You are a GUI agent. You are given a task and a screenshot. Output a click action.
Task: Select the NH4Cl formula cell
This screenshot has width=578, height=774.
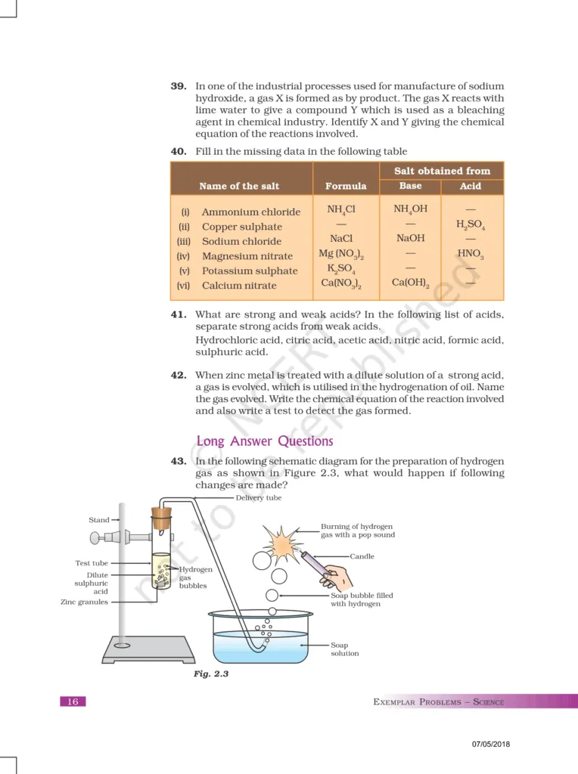tap(341, 209)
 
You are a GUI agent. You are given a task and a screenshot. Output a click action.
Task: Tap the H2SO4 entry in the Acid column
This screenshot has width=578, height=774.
tap(470, 225)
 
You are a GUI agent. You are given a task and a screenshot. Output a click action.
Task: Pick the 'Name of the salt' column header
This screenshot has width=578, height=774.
tap(239, 186)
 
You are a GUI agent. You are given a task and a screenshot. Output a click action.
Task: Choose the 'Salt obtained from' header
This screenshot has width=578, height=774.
tap(442, 171)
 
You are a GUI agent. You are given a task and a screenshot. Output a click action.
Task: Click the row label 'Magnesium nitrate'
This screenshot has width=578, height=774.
tap(247, 256)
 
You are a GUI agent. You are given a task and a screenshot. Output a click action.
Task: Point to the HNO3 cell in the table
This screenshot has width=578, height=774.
tap(470, 254)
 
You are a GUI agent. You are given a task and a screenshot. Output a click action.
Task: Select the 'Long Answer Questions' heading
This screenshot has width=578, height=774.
tap(264, 441)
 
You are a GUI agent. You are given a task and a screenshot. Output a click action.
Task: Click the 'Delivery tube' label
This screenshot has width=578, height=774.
tap(258, 498)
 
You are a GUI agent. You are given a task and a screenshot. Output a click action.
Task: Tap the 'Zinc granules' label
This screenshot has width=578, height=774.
tap(84, 602)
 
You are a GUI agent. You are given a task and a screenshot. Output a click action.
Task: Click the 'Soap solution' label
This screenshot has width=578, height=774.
tap(344, 649)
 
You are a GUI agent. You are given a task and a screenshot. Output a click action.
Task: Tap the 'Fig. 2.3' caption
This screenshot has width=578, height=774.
tap(211, 673)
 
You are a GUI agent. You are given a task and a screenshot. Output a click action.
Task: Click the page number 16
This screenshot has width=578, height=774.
tap(73, 701)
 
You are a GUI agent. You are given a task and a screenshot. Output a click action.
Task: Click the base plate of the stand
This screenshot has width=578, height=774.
tap(148, 648)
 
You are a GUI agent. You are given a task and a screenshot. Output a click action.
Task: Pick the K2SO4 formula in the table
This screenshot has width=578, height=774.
tap(341, 269)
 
